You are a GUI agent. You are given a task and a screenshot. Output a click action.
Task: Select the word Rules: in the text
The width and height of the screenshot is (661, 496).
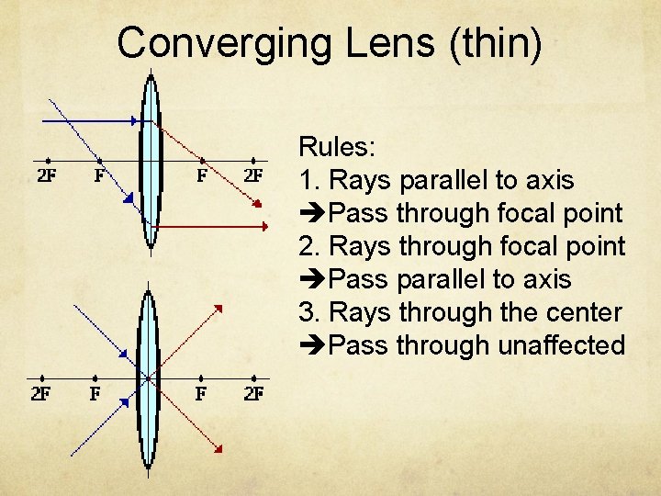[x=335, y=147]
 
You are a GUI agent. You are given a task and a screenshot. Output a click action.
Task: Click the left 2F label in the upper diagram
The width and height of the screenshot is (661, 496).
[x=47, y=175]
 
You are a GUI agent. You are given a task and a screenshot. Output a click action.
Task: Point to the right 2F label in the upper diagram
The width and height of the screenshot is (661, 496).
[x=253, y=175]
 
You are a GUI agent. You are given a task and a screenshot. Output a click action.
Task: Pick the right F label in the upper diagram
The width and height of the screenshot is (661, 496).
[x=201, y=175]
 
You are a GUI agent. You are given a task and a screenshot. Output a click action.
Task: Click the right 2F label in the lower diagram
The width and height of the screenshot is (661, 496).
[x=253, y=394]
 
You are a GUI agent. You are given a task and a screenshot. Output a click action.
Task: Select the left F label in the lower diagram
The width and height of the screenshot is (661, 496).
[x=95, y=394]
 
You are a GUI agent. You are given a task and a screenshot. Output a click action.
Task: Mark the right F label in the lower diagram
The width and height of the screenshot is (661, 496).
[x=201, y=394]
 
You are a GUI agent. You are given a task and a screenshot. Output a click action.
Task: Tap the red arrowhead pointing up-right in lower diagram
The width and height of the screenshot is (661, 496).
[x=220, y=308]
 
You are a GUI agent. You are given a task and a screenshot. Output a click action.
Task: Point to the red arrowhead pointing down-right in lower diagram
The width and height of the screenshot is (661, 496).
[x=218, y=446]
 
